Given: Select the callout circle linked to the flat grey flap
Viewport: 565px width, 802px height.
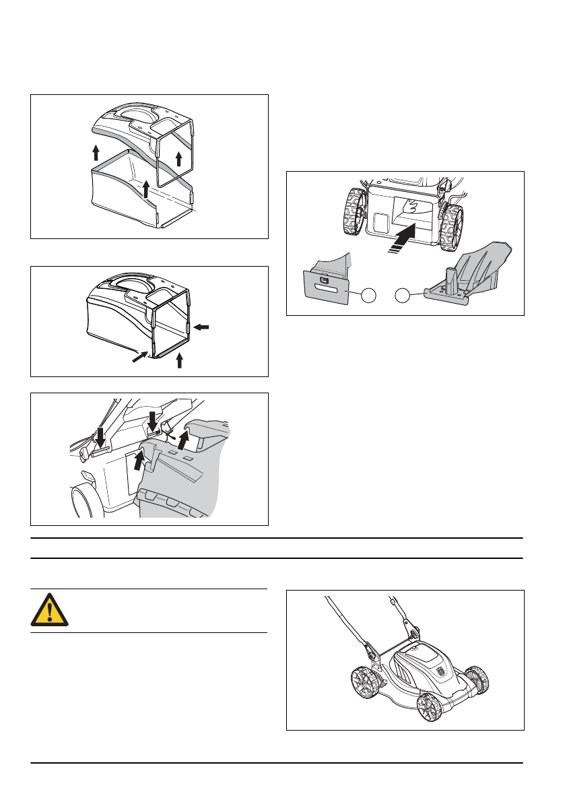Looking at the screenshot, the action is [x=368, y=295].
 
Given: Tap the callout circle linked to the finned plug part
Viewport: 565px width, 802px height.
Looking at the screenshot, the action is [x=403, y=295].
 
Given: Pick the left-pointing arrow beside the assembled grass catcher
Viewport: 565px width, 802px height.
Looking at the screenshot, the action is [x=202, y=327].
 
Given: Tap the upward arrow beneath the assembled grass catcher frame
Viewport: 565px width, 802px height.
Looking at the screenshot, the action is [x=179, y=361].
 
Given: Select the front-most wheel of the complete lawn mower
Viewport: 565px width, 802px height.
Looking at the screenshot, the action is [x=429, y=707].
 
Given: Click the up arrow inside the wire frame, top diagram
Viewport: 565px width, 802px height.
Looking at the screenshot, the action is [x=179, y=159].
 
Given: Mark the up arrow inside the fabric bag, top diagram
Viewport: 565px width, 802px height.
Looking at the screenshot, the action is [x=146, y=189].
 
